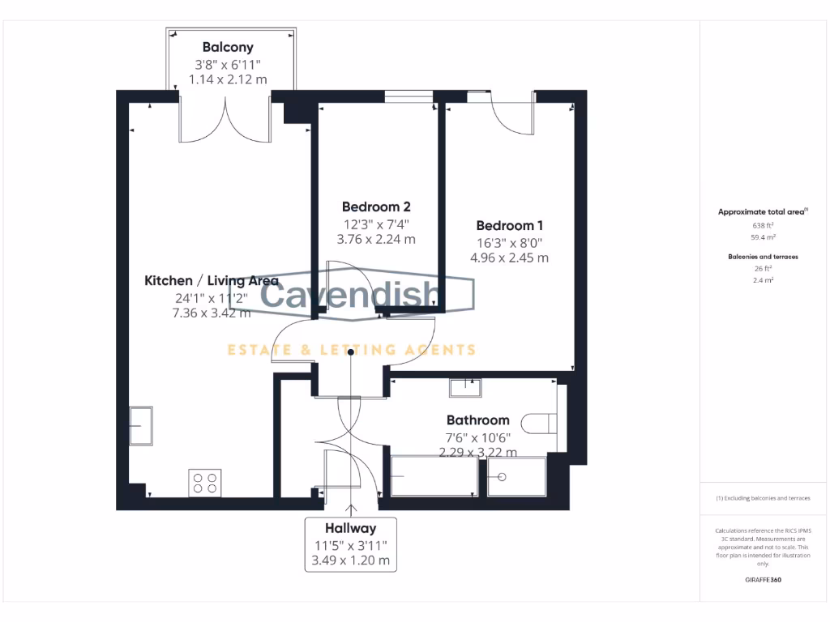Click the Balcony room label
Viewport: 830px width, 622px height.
228,47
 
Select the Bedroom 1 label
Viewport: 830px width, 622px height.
509,225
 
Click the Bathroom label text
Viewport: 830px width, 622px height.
478,420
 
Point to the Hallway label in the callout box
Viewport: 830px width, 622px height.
351,528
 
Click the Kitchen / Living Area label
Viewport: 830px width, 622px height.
212,281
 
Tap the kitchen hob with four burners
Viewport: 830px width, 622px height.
204,484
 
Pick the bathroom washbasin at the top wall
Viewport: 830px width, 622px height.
465,387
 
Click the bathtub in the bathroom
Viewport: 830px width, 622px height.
433,476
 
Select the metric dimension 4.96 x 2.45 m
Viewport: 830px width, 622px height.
509,258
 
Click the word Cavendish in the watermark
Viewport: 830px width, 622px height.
350,296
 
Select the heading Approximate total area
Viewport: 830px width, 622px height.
762,212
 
